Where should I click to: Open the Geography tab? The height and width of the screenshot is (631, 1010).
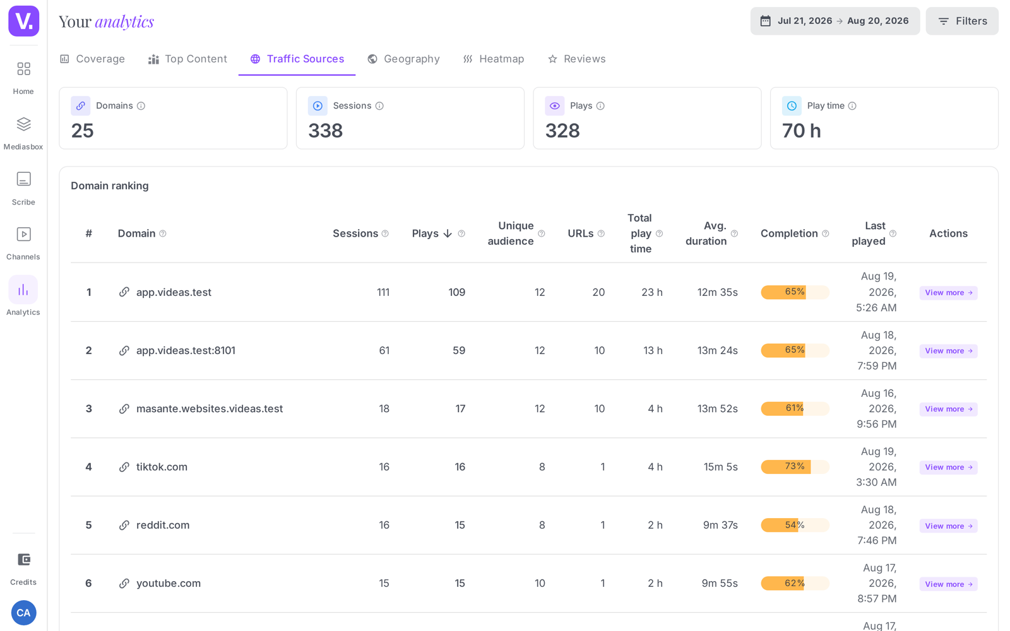tap(403, 59)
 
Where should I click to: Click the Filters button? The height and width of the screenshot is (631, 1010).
tap(962, 21)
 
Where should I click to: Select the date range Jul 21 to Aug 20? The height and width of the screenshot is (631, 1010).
tap(835, 21)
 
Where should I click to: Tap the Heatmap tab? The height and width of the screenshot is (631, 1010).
tap(493, 59)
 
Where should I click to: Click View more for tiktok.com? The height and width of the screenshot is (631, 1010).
tap(948, 468)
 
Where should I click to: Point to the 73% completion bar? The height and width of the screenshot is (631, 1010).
tap(795, 466)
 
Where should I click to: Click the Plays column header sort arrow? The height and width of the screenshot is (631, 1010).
tap(448, 233)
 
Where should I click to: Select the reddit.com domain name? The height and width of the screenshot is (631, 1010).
tap(163, 525)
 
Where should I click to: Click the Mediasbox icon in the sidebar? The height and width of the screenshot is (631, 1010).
tap(23, 124)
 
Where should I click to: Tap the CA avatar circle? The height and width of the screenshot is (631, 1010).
tap(23, 613)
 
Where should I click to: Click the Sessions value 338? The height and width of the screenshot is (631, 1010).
tap(326, 131)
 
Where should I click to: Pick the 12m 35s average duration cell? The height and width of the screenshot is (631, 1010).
tap(717, 293)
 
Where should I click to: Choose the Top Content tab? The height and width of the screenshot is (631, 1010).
tap(187, 59)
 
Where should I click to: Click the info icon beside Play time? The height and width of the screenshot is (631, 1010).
tap(852, 106)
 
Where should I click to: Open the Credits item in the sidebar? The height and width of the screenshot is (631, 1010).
tap(23, 569)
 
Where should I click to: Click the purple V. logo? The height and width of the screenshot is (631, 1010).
tap(24, 21)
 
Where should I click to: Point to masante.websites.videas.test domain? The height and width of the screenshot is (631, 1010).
tap(210, 409)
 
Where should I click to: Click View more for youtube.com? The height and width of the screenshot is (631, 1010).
tap(948, 584)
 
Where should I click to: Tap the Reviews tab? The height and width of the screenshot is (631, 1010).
tap(577, 59)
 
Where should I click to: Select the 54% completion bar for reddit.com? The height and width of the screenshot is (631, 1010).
tap(795, 525)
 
